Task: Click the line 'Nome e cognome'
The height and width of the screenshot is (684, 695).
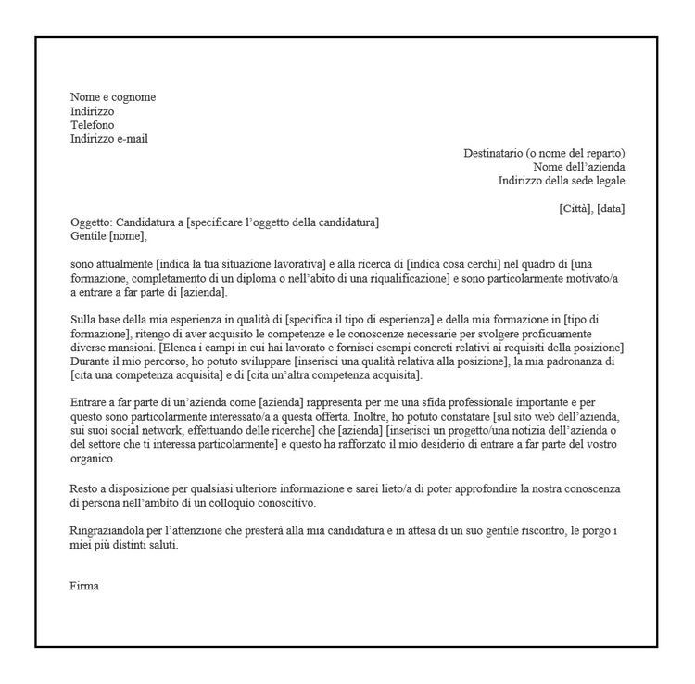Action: pos(113,97)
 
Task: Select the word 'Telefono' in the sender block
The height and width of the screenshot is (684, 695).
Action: pos(93,125)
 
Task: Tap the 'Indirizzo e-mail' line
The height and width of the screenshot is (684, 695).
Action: pos(109,139)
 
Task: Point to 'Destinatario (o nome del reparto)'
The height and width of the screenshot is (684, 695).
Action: pos(544,153)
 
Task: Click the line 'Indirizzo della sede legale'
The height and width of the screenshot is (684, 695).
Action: pos(562,181)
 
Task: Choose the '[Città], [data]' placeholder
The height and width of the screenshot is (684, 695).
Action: pos(592,209)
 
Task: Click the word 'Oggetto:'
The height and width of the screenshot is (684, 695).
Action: pos(91,222)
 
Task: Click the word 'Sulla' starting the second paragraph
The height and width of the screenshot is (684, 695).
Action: pos(83,320)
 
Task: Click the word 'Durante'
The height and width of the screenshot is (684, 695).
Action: pos(89,361)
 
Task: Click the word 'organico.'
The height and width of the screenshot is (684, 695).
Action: pos(94,459)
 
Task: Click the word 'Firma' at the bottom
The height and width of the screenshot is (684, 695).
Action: pos(83,586)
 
